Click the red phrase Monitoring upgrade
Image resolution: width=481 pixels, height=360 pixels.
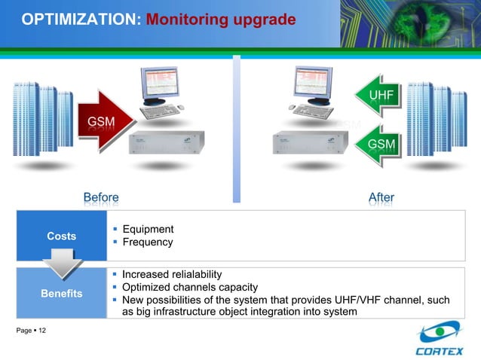[220, 19]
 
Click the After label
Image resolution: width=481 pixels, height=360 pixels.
[381, 197]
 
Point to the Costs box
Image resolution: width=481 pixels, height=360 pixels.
[62, 236]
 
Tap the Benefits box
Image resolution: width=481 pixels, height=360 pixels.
[62, 293]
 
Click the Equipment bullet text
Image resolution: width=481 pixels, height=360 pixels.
[148, 229]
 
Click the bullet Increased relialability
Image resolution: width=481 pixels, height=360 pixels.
[172, 274]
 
